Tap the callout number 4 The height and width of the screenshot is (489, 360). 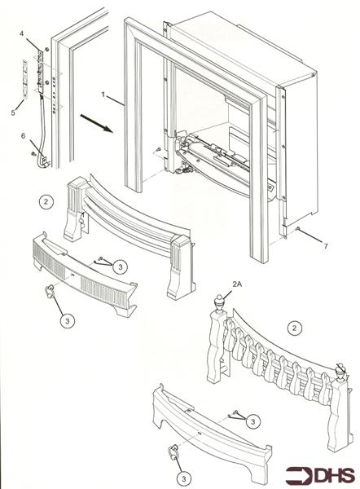point(22,33)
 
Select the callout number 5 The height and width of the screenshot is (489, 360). point(13,112)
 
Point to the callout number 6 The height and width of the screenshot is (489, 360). point(23,136)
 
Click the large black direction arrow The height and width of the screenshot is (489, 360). point(95,127)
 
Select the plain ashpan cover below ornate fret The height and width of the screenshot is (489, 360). point(208,428)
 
